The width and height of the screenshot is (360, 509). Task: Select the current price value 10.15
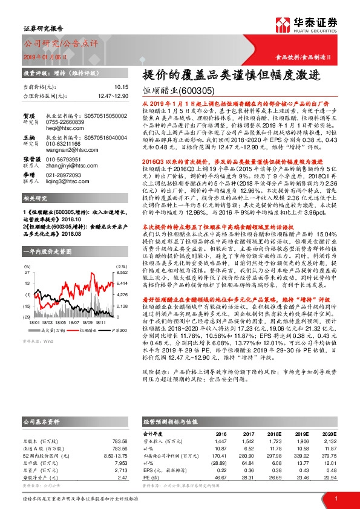[120, 87]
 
